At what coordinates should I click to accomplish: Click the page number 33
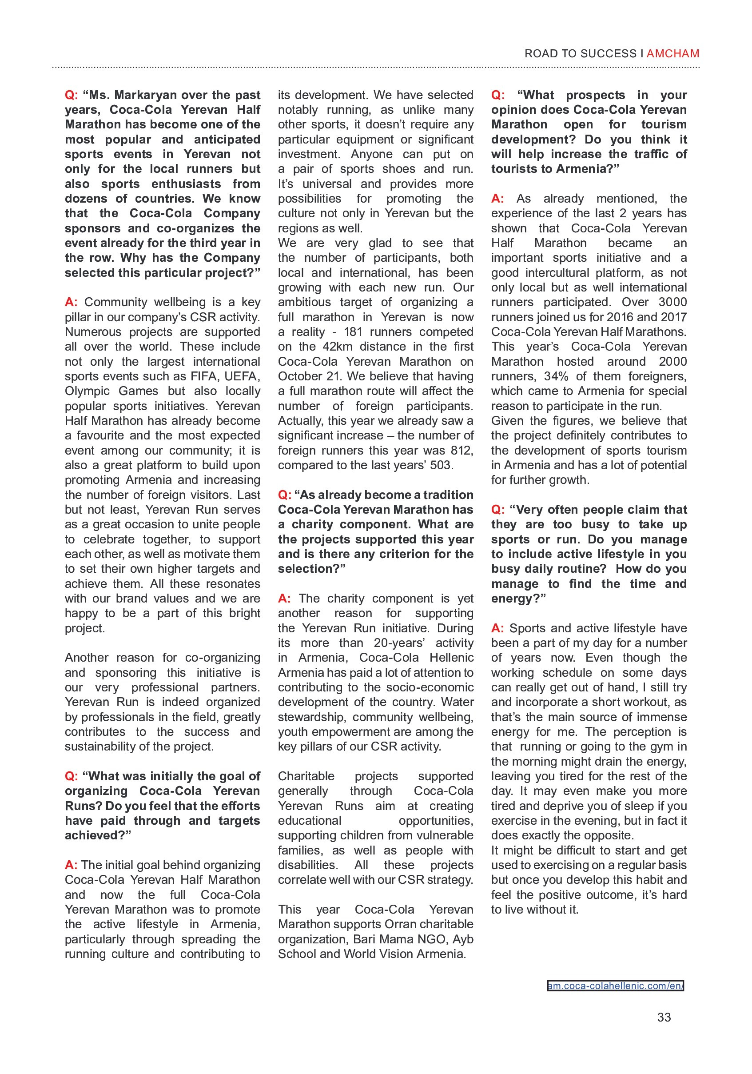[x=664, y=1018]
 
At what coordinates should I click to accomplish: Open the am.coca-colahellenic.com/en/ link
[x=615, y=986]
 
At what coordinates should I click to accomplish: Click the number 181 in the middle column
[x=353, y=332]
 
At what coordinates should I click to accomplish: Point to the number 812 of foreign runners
[x=462, y=451]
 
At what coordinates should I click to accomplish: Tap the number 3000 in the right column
[x=672, y=302]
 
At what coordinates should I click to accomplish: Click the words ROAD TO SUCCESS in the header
[x=581, y=54]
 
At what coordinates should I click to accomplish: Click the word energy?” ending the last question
[x=518, y=599]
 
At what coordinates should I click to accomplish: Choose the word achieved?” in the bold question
[x=98, y=835]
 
